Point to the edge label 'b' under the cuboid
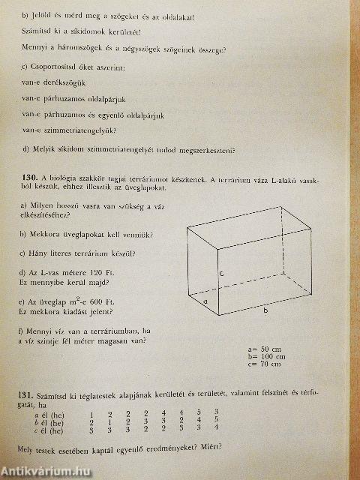[x=264, y=310]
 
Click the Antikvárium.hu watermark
[x=49, y=472]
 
